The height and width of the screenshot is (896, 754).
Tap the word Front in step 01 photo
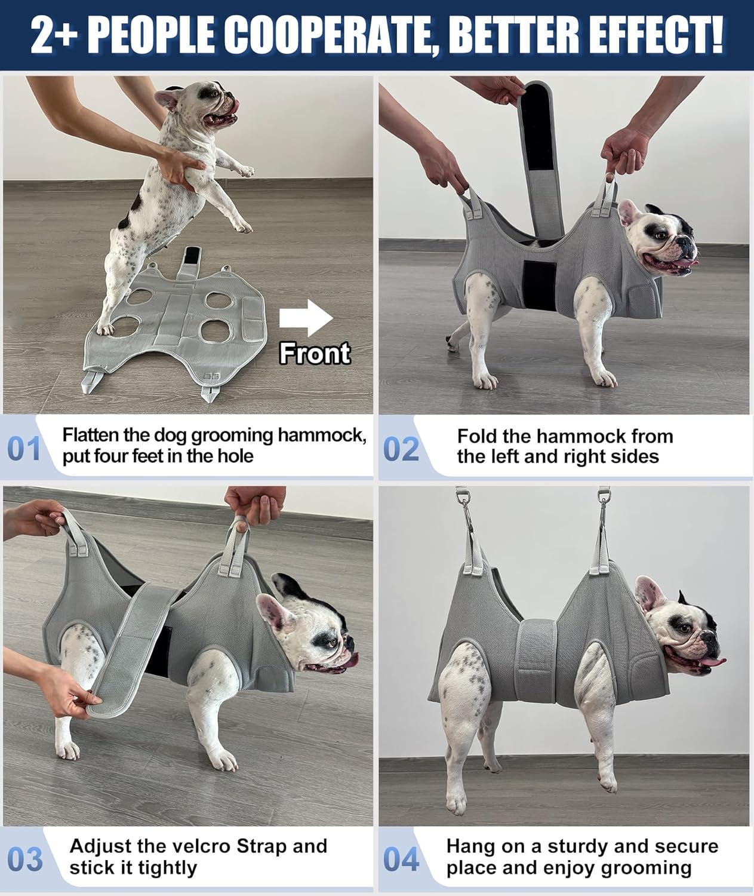(x=315, y=354)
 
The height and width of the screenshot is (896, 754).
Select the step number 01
(x=24, y=449)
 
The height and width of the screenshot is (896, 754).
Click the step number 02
(x=401, y=449)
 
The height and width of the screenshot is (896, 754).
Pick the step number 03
(x=26, y=860)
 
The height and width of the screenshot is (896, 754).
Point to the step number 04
(x=401, y=860)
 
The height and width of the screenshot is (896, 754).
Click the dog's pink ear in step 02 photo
(x=628, y=214)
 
